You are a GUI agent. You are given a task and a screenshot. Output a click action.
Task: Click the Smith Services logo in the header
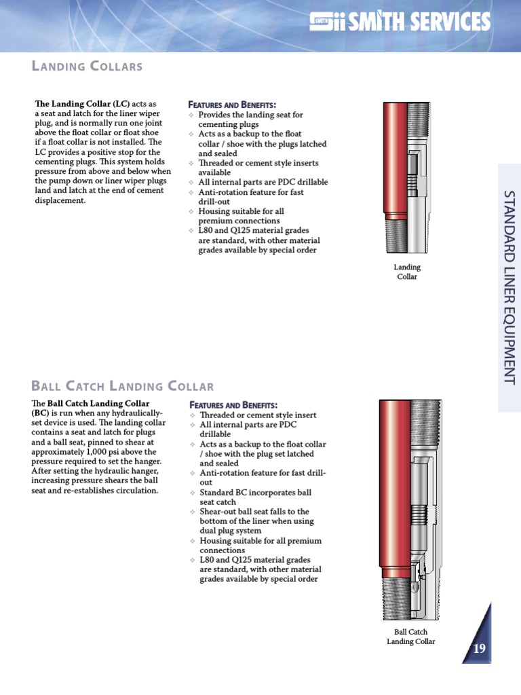click(400, 22)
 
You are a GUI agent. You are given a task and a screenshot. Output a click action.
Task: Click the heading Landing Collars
click(88, 66)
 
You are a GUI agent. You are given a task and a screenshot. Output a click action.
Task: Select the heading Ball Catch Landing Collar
click(123, 386)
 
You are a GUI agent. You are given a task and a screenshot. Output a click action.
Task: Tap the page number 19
click(479, 648)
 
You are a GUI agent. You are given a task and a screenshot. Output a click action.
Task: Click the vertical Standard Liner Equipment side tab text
click(509, 288)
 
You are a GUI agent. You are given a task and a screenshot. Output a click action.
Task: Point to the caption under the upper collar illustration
click(408, 271)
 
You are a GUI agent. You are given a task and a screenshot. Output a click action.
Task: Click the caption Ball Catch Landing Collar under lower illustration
click(410, 637)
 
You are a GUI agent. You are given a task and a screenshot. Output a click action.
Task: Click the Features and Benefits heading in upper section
click(231, 105)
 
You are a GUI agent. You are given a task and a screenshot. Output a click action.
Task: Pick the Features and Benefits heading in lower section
click(233, 405)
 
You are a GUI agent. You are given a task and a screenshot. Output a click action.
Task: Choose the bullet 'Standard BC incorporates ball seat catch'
click(255, 497)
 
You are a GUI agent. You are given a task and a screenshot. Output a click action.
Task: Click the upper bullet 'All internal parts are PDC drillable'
click(263, 182)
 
